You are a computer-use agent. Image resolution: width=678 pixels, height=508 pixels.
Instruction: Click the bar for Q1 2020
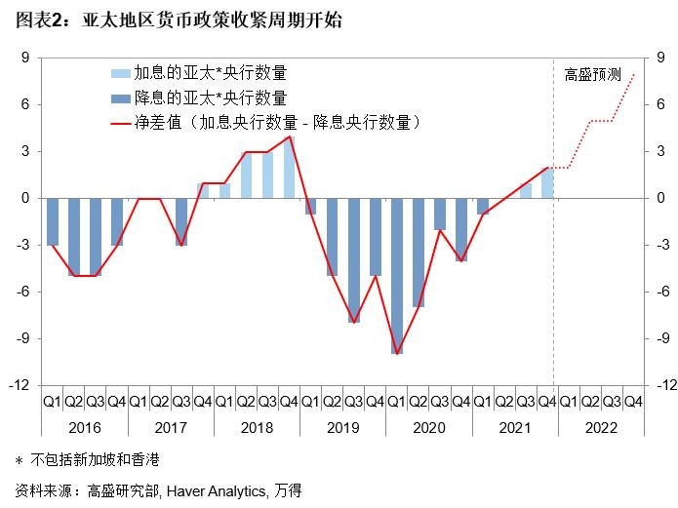coord(397,275)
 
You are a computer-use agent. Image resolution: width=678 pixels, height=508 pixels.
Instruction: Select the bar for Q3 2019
coord(354,259)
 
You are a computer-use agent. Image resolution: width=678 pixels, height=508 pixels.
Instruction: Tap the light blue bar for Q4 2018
coord(290,167)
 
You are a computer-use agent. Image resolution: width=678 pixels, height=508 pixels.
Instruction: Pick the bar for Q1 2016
coord(53,221)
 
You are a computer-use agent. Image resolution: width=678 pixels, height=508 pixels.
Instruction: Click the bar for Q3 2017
coord(181,221)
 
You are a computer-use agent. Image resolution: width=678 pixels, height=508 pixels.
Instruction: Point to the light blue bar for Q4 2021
coord(547,182)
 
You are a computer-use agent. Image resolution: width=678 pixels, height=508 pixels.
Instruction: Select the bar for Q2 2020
coord(419,252)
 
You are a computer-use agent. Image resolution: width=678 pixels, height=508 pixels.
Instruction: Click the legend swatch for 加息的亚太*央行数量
coord(119,73)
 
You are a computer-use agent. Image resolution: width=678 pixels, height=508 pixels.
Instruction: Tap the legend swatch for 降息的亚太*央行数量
coord(119,98)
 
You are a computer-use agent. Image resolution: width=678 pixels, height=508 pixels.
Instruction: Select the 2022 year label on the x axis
coord(600,426)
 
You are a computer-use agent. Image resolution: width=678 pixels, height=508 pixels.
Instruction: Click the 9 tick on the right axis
coord(659,58)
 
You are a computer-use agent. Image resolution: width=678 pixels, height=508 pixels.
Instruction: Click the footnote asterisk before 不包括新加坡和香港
coord(20,458)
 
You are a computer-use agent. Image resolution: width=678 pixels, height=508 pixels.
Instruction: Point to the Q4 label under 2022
coord(633,401)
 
